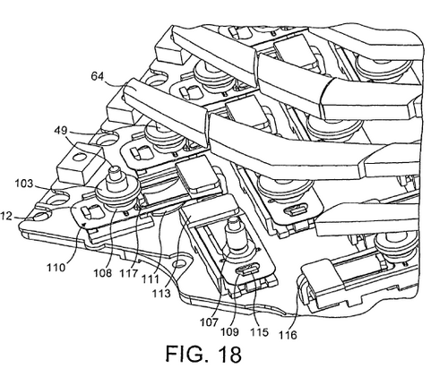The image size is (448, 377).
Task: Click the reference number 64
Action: [98, 77]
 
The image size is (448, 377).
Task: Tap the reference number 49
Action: [62, 131]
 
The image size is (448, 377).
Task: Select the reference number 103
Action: [24, 184]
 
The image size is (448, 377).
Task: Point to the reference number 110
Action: [56, 267]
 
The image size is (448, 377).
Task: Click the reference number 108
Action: [103, 272]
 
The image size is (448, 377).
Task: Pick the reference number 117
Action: [129, 273]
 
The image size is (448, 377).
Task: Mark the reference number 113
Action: [161, 293]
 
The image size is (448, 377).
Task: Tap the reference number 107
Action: [209, 321]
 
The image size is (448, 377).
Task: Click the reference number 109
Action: [229, 331]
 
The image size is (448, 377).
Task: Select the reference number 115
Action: [259, 332]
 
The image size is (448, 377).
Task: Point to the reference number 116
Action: [288, 335]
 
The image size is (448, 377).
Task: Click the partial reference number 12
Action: [6, 216]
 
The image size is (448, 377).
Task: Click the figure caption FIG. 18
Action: [203, 354]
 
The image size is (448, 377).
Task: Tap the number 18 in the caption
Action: [229, 354]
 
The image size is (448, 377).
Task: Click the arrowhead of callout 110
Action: [84, 223]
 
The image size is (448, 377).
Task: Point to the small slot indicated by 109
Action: [246, 270]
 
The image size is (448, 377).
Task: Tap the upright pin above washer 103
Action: [114, 178]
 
